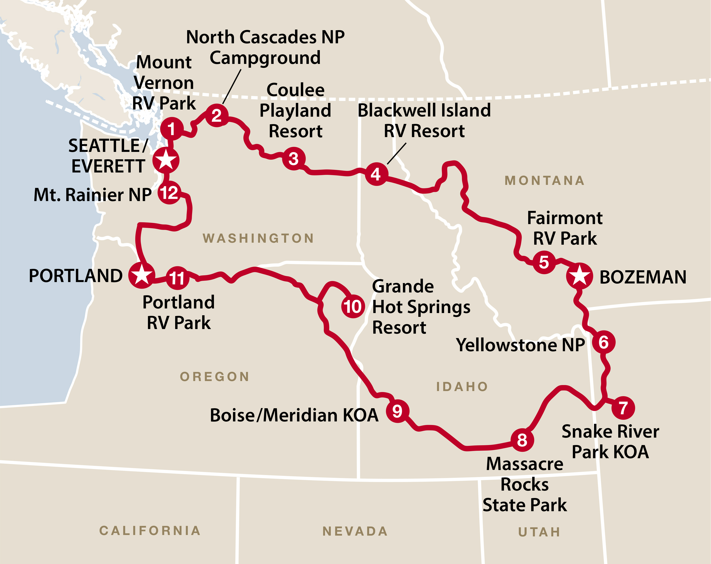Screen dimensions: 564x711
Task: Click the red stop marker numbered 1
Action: (x=171, y=129)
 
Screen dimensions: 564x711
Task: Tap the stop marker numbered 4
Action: (x=376, y=174)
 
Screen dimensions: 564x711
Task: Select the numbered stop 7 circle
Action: (x=623, y=408)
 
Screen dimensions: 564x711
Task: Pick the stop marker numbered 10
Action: (x=353, y=307)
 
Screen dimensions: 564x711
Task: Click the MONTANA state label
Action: (x=544, y=181)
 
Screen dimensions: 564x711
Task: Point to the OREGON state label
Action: (x=215, y=377)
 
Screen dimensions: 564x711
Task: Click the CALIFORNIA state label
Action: (x=150, y=531)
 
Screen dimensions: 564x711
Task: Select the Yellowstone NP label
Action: (x=520, y=345)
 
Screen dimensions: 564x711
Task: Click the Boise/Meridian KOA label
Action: (x=294, y=415)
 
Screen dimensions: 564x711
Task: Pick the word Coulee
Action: (x=295, y=90)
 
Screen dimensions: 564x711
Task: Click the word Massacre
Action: (x=525, y=464)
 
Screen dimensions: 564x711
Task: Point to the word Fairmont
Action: (x=565, y=218)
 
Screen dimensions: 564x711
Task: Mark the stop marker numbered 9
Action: (x=397, y=411)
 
